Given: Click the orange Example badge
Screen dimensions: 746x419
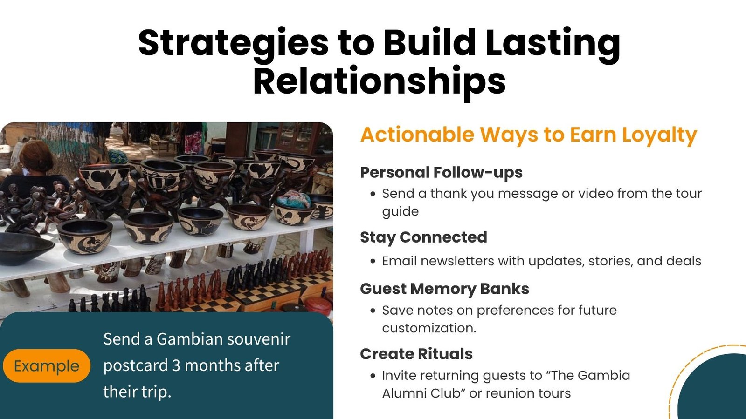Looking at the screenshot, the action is pos(47,366).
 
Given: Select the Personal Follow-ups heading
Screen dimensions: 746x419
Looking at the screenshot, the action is pos(441,173).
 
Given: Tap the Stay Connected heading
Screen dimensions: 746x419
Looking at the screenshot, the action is pos(423,237).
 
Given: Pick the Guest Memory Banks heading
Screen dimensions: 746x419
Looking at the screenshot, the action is pos(445,289).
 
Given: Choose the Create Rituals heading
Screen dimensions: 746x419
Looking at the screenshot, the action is pos(416,354).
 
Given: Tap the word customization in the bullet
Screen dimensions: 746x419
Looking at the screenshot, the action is pos(429,328).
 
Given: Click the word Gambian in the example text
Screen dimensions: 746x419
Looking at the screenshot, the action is pos(189,339).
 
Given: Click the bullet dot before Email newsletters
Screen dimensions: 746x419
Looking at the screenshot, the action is pos(373,261).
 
